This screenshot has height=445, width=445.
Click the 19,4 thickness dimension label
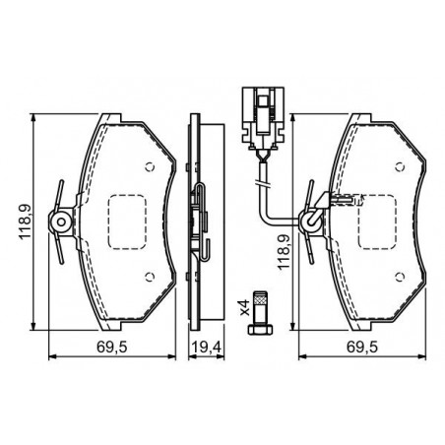pyautogui.click(x=207, y=347)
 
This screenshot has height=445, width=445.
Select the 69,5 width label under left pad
pyautogui.click(x=112, y=347)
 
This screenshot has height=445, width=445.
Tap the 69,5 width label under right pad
pyautogui.click(x=362, y=347)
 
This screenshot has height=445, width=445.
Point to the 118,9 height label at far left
pyautogui.click(x=25, y=222)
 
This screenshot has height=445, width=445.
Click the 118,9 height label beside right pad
pyautogui.click(x=285, y=252)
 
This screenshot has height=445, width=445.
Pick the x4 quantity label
pyautogui.click(x=244, y=307)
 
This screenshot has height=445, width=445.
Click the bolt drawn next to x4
pyautogui.click(x=260, y=313)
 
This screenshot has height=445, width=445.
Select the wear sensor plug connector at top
pyautogui.click(x=263, y=115)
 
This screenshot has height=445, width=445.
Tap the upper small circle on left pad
pyautogui.click(x=150, y=167)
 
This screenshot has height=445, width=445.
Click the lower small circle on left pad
pyautogui.click(x=150, y=277)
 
